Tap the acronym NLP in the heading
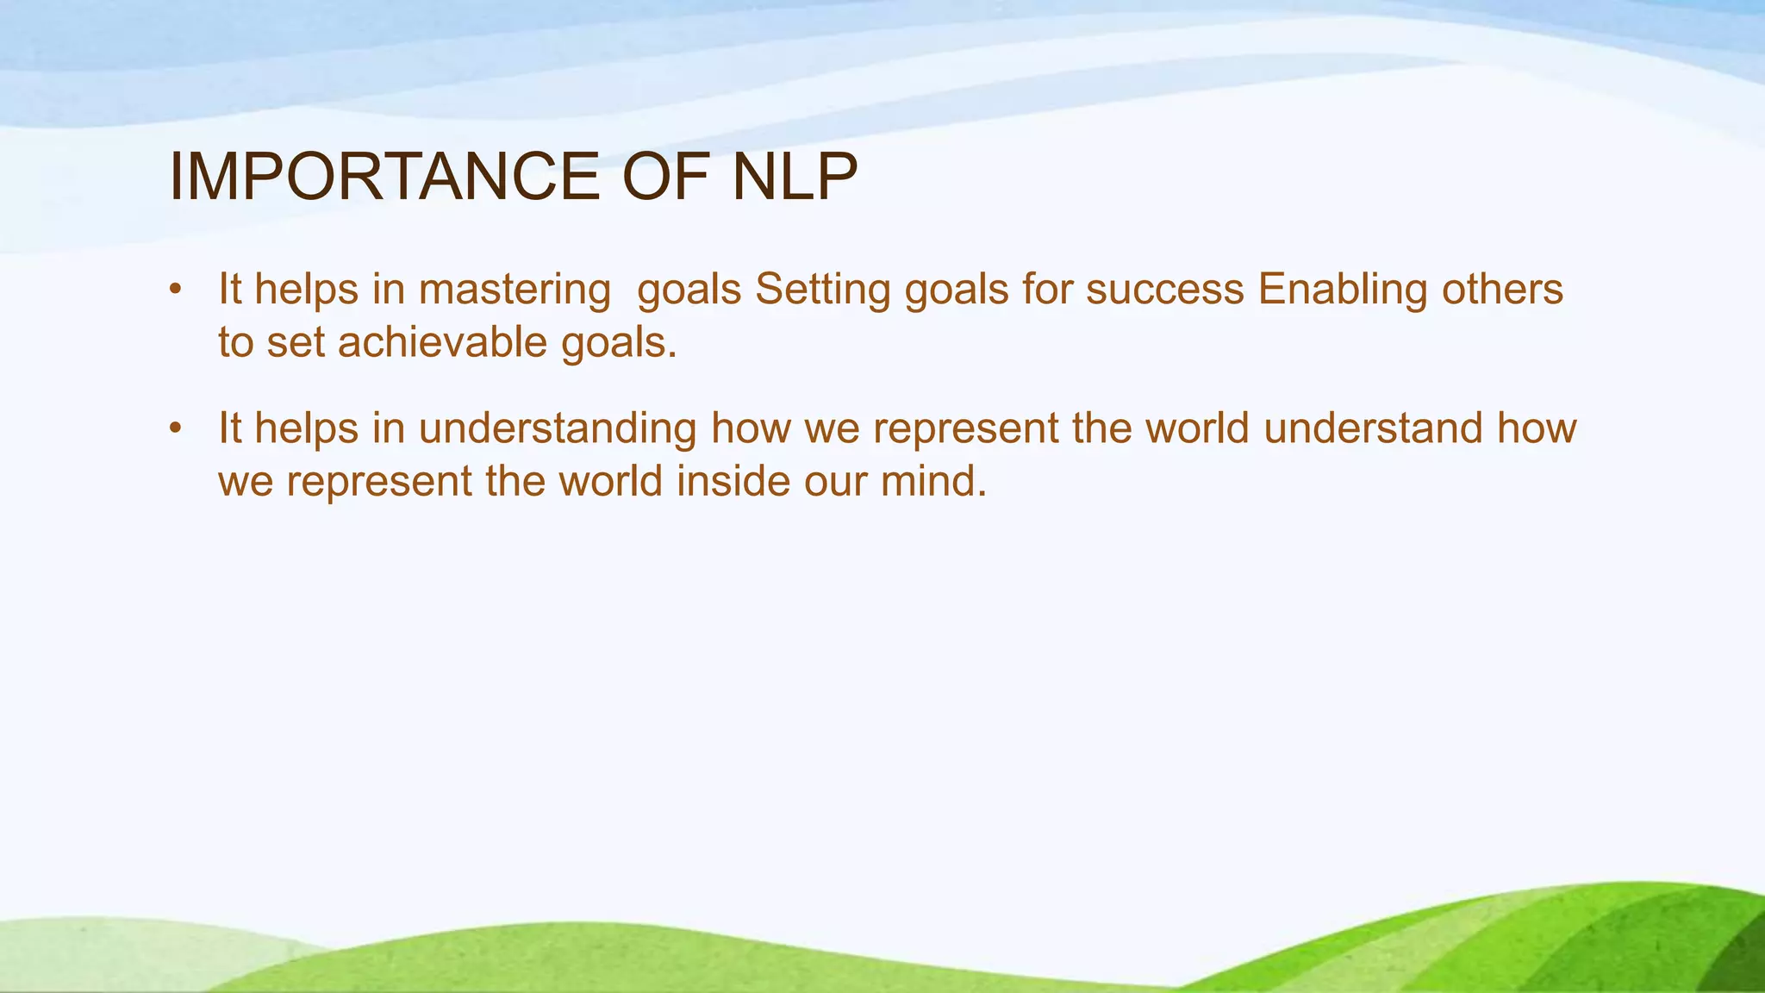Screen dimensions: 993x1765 point(795,178)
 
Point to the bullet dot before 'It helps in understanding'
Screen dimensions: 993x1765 point(175,428)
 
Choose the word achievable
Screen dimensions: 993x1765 point(442,342)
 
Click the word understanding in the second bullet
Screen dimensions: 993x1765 point(558,428)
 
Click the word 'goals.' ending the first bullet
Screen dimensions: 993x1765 point(619,344)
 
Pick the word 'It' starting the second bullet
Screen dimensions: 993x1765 point(230,428)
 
